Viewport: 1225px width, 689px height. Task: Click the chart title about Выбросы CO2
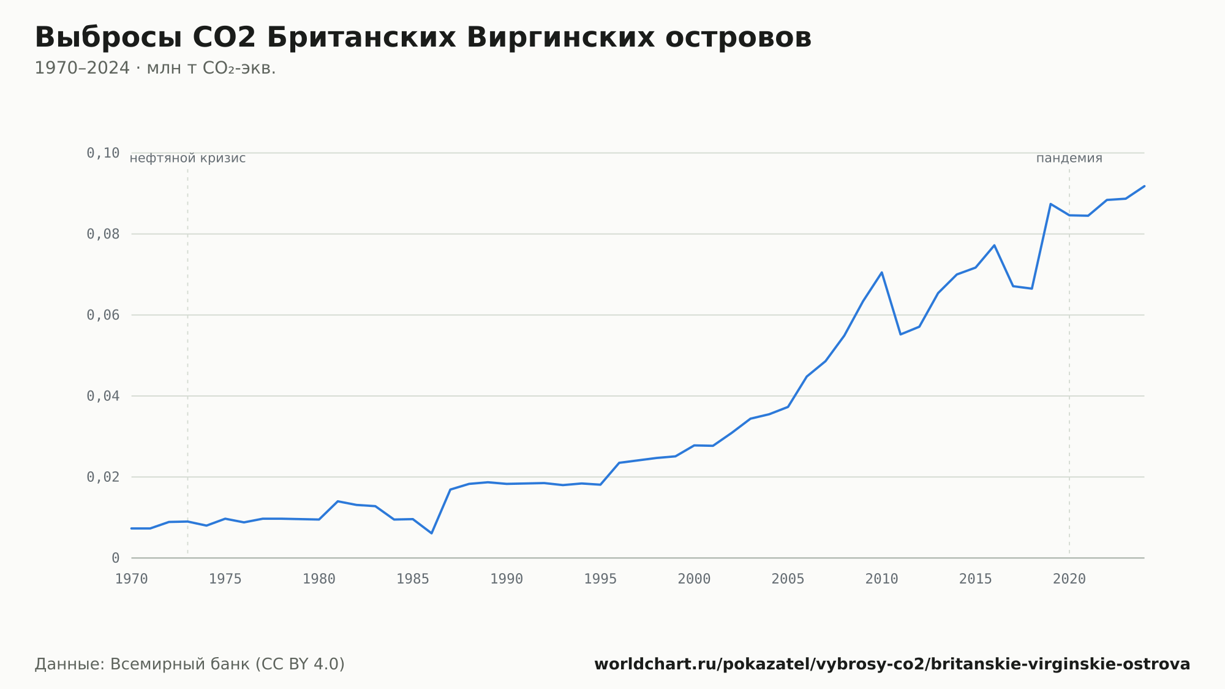tap(423, 38)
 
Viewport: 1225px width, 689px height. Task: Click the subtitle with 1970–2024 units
tap(155, 68)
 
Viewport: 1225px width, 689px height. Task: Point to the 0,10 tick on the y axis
tap(103, 153)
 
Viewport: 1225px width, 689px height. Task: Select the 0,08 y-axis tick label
tap(103, 234)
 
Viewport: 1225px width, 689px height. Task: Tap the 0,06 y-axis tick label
tap(103, 315)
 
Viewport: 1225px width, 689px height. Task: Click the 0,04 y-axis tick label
tap(103, 396)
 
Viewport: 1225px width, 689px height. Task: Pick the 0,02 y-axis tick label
tap(103, 477)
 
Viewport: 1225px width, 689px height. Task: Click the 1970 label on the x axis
tap(132, 579)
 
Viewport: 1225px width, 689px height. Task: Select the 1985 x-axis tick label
tap(413, 579)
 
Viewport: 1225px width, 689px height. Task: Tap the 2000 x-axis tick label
tap(694, 579)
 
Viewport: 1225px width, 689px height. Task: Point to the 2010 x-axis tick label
tap(882, 579)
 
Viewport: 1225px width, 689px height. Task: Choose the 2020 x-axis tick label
tap(1069, 579)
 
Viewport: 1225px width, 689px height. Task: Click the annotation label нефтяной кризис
tap(187, 158)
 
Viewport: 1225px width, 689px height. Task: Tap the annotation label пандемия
tap(1069, 158)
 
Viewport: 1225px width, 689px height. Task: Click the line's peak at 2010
tap(881, 272)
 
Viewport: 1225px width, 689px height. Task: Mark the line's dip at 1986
tap(431, 533)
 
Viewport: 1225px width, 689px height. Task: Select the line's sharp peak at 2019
tap(1050, 204)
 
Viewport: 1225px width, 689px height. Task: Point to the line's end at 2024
tap(1144, 186)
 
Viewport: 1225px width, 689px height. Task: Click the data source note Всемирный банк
tap(190, 664)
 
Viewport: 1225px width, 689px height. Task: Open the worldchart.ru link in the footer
tap(892, 664)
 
